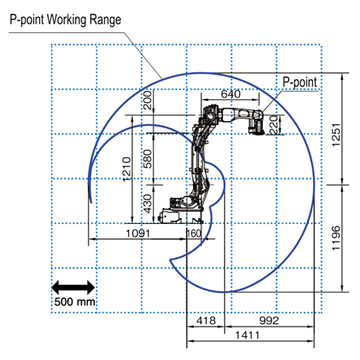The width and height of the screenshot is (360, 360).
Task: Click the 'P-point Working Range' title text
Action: [66, 19]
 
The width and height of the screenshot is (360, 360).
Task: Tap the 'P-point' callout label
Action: [300, 82]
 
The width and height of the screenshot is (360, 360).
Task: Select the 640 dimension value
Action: [230, 94]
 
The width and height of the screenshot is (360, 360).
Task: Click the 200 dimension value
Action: [148, 100]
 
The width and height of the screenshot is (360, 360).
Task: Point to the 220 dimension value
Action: [274, 125]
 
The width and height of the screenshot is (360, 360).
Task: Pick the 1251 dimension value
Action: [336, 135]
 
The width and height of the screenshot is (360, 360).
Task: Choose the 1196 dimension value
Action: [336, 238]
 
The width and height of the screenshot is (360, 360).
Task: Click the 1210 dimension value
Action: [127, 169]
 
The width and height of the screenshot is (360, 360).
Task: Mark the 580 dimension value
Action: [148, 159]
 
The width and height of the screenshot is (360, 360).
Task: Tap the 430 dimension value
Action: [148, 204]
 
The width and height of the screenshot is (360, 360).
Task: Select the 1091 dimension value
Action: [138, 233]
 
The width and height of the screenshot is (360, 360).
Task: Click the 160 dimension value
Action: [194, 233]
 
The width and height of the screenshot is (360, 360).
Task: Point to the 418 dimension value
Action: [206, 320]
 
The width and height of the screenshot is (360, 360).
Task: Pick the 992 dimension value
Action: [269, 320]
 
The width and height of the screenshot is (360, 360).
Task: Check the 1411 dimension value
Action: [248, 335]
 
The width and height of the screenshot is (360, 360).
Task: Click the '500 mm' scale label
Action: [75, 302]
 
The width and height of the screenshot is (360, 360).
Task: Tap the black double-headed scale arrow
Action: [73, 287]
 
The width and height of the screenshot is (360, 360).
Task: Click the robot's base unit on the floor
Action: [181, 216]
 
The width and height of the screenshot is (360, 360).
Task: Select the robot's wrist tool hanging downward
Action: [257, 126]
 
